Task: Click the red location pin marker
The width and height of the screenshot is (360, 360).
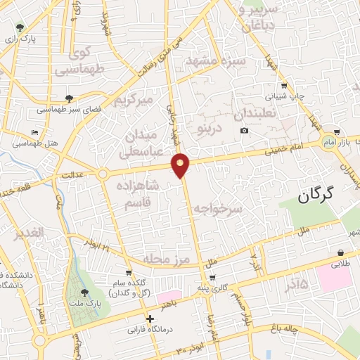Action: point(181,165)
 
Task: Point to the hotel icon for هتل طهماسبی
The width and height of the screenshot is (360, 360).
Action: point(35,132)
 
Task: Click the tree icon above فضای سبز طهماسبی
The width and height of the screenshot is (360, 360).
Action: point(68,98)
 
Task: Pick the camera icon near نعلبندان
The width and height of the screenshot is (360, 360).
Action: point(244,131)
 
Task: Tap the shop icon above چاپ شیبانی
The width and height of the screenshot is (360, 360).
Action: point(283,84)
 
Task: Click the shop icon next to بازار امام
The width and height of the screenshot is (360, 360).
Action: point(338,132)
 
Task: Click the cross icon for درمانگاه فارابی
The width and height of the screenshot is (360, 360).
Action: point(149,319)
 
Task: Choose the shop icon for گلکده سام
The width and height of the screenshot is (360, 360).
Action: point(128,271)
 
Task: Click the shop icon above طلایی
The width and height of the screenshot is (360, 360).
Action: point(340,252)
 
